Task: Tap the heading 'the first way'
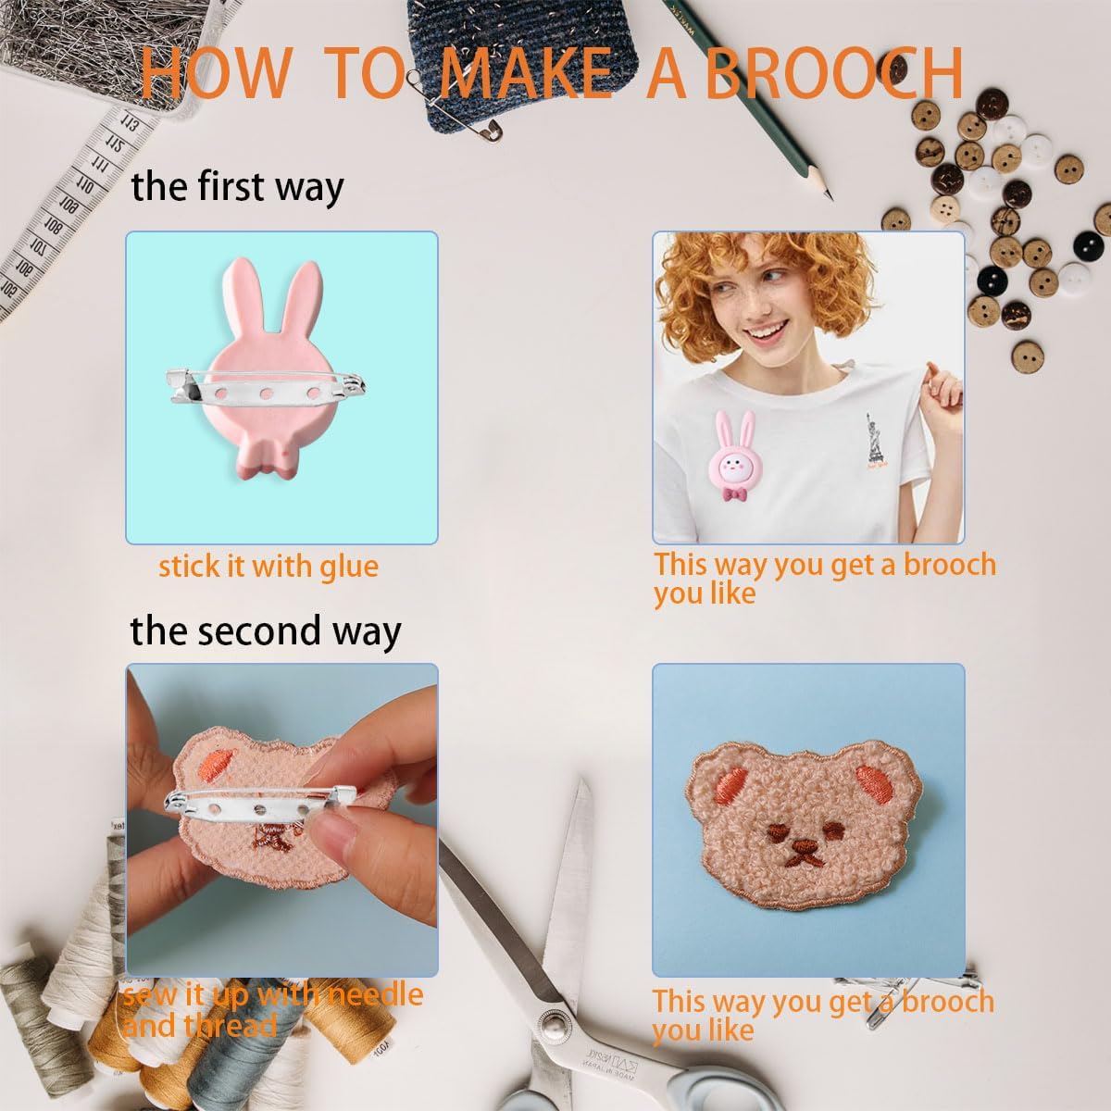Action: click(237, 187)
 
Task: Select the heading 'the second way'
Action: click(265, 630)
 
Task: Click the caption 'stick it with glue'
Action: click(268, 567)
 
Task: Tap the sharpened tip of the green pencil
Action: click(830, 197)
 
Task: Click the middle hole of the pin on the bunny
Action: click(267, 394)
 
